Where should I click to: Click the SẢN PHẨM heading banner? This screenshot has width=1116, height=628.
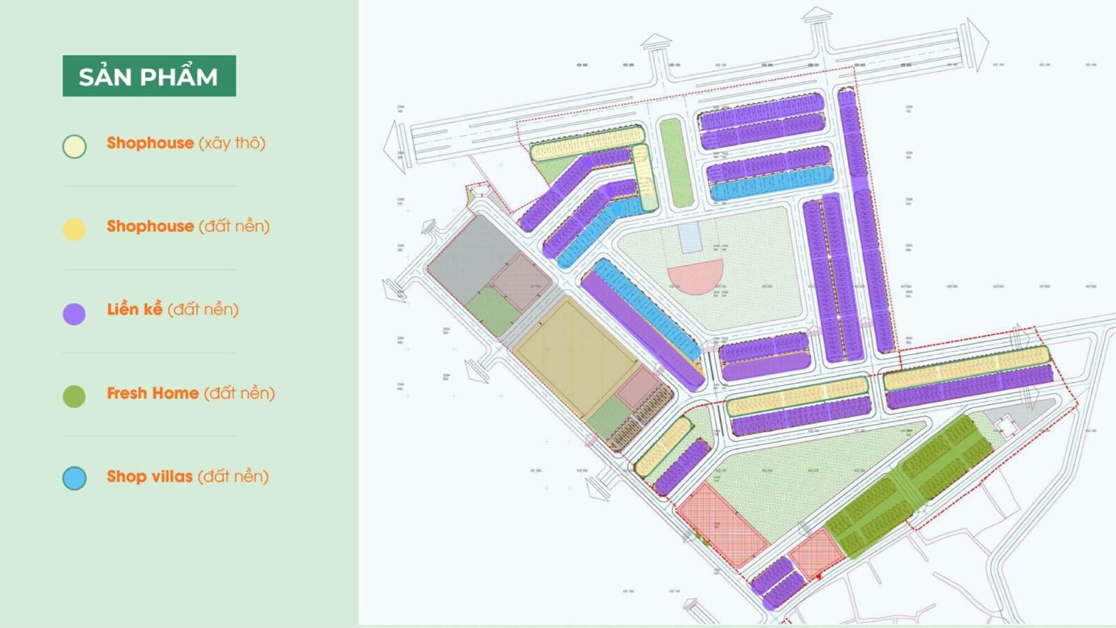[149, 76]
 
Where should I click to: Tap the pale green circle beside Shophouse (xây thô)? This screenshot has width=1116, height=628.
[75, 147]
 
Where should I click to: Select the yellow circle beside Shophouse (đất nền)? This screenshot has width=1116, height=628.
[74, 229]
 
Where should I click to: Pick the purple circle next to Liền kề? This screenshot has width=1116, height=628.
[74, 313]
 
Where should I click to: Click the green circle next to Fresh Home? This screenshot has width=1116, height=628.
[74, 396]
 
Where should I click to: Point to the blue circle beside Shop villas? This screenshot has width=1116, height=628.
[74, 479]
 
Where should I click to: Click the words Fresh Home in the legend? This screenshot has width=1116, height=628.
[153, 394]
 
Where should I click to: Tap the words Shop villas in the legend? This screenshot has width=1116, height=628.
[149, 477]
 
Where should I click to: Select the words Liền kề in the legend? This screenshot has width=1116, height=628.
[135, 310]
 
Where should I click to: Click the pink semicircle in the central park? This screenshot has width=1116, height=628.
[695, 275]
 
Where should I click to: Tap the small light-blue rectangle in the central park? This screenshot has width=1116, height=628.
[690, 237]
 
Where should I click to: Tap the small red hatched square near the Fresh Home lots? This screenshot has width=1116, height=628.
[817, 554]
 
